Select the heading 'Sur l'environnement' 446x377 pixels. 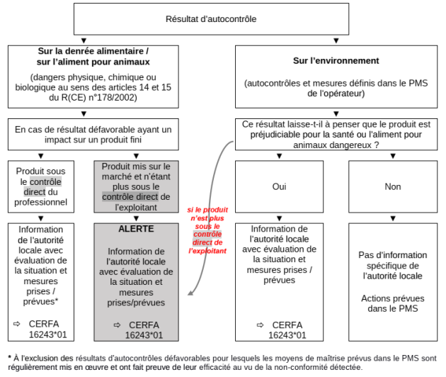pyautogui.click(x=336, y=61)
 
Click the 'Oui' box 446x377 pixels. pyautogui.click(x=279, y=186)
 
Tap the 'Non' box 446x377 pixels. pyautogui.click(x=392, y=186)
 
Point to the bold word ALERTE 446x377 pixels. pyautogui.click(x=136, y=229)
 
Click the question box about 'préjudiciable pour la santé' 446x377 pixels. pyautogui.click(x=336, y=134)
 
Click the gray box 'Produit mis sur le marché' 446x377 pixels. pyautogui.click(x=136, y=186)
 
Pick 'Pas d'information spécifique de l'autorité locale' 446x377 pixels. pyautogui.click(x=392, y=265)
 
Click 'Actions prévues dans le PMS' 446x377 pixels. pyautogui.click(x=392, y=303)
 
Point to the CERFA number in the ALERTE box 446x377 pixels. pyautogui.click(x=144, y=334)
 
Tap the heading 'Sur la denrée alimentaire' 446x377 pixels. pyautogui.click(x=93, y=56)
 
